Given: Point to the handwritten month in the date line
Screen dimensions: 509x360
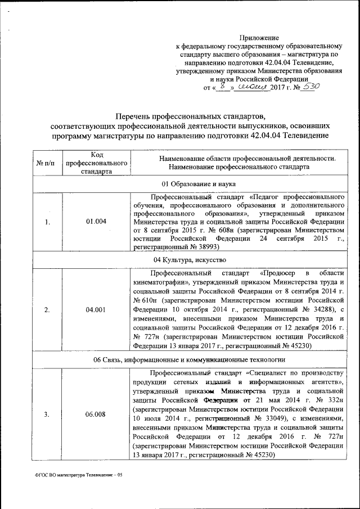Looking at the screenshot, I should [x=253, y=87].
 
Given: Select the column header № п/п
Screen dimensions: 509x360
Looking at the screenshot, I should [x=46, y=163].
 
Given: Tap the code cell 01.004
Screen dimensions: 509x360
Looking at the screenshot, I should [x=96, y=222].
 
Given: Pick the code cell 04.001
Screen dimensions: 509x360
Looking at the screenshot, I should [x=96, y=309].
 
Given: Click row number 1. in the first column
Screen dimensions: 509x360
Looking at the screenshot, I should [x=47, y=222].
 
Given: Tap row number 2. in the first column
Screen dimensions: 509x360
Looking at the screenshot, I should [x=47, y=309].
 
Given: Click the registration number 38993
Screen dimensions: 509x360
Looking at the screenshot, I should [x=209, y=247].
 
